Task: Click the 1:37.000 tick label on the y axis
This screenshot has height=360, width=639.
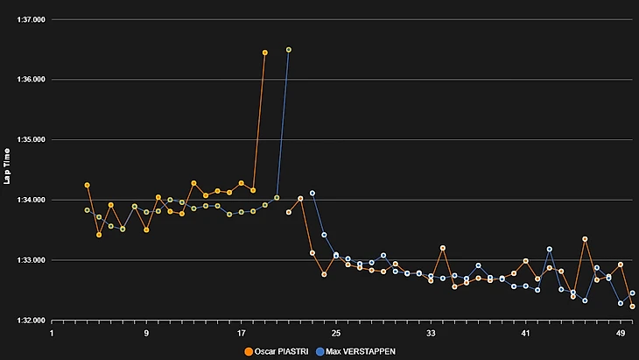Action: pos(31,19)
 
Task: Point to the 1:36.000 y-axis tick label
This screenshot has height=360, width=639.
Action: pos(31,80)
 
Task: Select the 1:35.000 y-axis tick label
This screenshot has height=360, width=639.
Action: pos(31,140)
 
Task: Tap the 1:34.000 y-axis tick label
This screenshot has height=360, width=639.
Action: pos(31,201)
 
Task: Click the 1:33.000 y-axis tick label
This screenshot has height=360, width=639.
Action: pos(31,260)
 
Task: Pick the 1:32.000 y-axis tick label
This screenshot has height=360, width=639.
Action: pos(31,321)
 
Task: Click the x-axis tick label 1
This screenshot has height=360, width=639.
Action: pos(52,334)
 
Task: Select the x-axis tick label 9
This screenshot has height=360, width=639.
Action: pos(146,334)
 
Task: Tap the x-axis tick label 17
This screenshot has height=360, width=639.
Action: pos(241,334)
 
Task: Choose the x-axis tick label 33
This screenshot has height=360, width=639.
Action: pos(431,334)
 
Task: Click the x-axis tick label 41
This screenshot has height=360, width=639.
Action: pos(525,334)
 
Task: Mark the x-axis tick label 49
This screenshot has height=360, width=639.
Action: pos(620,334)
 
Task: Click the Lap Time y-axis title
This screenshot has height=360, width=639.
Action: pos(7,166)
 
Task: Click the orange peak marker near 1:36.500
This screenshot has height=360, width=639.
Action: pos(265,53)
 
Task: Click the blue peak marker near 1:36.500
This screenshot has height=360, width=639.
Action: pos(289,50)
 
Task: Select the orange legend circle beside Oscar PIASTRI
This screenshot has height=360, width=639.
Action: pos(249,350)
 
